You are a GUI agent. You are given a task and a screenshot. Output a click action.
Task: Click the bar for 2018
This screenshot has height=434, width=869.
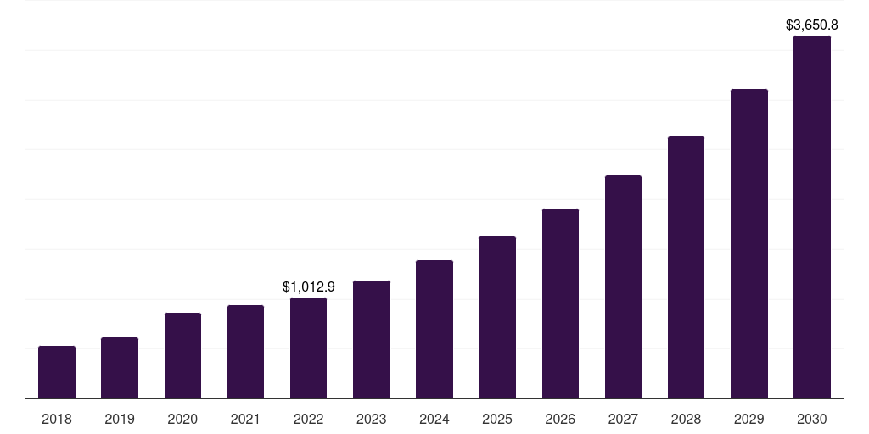coord(57,372)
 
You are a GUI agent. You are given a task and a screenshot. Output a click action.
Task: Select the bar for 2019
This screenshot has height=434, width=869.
coord(120,368)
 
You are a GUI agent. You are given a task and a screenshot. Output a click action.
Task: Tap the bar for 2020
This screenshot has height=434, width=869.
coord(182,355)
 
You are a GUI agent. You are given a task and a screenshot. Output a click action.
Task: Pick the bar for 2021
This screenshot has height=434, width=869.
coord(245,352)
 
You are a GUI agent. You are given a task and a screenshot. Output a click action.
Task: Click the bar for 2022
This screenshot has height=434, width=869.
coord(308,348)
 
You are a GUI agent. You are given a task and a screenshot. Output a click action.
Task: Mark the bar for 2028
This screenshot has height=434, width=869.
coord(686,267)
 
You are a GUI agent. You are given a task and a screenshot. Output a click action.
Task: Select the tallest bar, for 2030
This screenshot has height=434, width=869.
coord(812,217)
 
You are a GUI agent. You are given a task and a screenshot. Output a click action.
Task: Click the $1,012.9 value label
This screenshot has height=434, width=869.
coord(309,287)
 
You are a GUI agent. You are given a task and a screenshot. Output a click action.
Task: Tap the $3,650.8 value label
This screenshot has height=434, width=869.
coord(812,25)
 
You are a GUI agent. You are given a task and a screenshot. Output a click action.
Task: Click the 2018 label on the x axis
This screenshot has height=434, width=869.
coord(57,419)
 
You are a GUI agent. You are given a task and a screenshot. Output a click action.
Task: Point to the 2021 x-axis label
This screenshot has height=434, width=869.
coord(245,419)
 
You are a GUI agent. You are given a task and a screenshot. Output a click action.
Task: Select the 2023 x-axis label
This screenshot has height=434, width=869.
coord(372,419)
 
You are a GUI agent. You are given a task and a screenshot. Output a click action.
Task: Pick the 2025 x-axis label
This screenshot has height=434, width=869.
coord(497,419)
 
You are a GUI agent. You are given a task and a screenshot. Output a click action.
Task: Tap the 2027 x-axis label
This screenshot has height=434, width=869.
coord(623,419)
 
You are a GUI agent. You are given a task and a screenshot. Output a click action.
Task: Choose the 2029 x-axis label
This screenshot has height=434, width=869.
coord(748,419)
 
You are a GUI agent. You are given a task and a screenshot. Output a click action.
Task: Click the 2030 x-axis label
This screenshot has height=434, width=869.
coord(812,419)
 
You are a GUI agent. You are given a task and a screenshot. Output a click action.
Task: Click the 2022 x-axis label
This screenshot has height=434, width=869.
coord(308,419)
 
